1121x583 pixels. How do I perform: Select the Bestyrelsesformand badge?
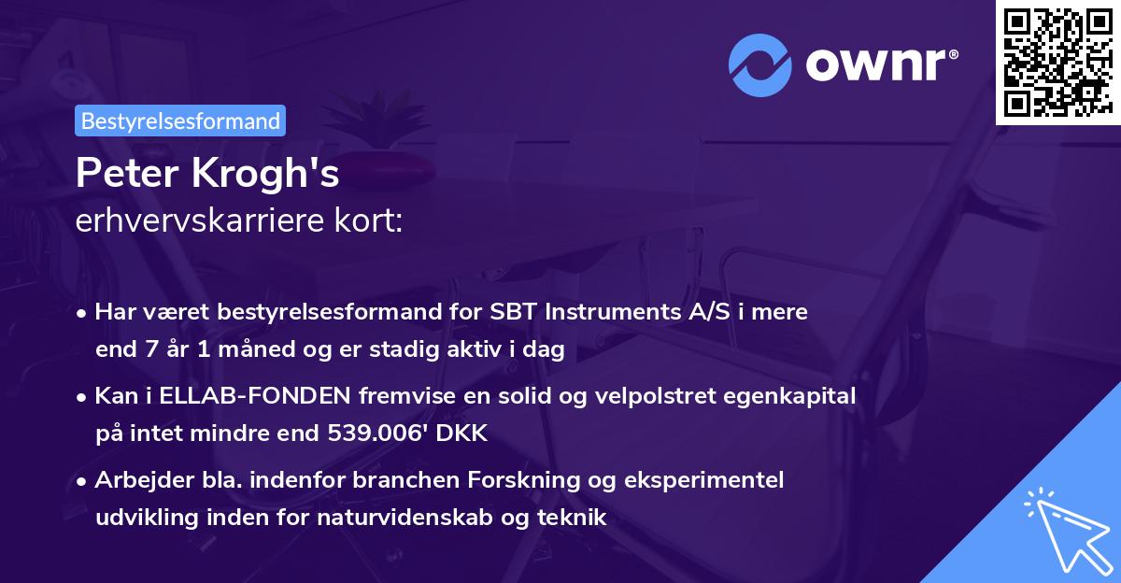coord(180,121)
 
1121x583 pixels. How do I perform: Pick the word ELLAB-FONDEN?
coord(252,396)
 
